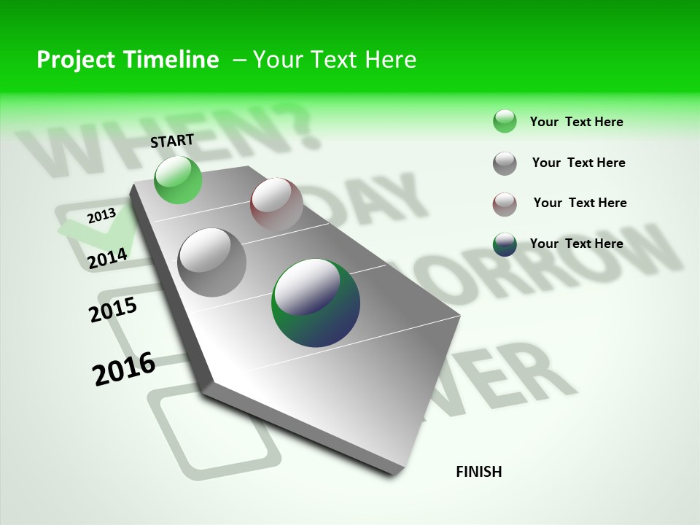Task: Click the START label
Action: pos(172,141)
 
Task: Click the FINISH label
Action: pos(479,472)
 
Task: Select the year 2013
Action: pos(101,215)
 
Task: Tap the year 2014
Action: pos(108,259)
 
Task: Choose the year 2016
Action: pos(124,368)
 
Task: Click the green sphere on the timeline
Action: pos(178,179)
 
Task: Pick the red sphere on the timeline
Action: pos(276,204)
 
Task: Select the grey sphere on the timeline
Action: pos(211,262)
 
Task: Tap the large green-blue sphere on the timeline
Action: pos(316,302)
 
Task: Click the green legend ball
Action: pos(505,121)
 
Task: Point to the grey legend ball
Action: pos(505,163)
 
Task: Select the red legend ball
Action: pos(505,204)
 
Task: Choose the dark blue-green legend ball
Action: pos(505,244)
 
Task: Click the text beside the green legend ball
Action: pos(576,122)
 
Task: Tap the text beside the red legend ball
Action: pos(580,203)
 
